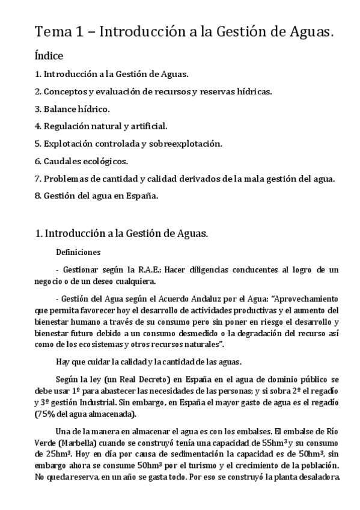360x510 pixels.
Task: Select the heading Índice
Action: tap(49, 57)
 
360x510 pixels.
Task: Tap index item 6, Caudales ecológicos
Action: tap(81, 161)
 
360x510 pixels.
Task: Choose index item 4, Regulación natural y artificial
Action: tap(101, 126)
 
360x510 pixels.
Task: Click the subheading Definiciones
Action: tap(78, 252)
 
